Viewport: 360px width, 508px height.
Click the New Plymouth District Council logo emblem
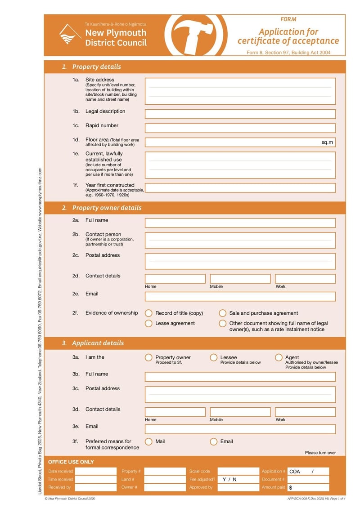(70, 35)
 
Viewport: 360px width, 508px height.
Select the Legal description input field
(240, 114)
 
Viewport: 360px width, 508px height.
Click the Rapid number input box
(240, 128)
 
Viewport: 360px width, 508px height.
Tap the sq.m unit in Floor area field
(327, 143)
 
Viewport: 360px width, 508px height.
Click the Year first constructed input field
(240, 188)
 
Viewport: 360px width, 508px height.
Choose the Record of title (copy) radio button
(148, 313)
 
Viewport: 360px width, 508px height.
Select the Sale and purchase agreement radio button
(222, 313)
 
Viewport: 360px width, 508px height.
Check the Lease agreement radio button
(148, 324)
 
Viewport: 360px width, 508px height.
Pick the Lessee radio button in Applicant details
(213, 358)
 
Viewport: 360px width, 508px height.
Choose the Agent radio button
(278, 358)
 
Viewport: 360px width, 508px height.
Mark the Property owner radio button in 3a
(148, 358)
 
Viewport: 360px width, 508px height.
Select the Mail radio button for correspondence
(148, 442)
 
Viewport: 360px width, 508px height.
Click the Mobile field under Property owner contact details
(240, 279)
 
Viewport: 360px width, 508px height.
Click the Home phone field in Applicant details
(175, 412)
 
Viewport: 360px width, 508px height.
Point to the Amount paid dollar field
(308, 487)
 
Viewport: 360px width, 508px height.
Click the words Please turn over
(320, 453)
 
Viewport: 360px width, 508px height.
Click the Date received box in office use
(95, 471)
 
